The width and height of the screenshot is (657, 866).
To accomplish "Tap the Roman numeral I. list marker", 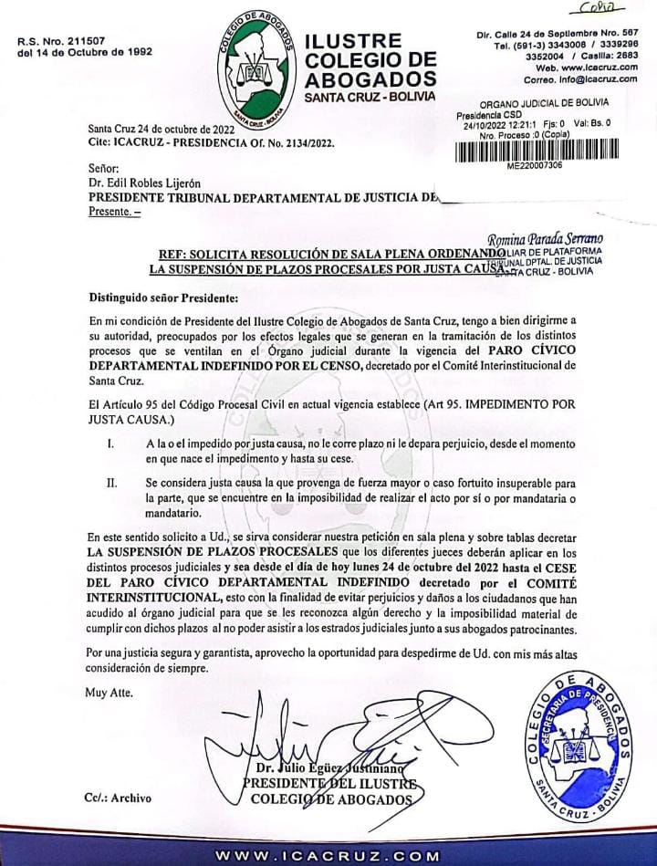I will coord(110,443).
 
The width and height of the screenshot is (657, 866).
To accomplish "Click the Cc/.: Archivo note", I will coord(115,798).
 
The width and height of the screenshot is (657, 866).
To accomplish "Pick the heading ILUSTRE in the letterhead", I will coord(352,42).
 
